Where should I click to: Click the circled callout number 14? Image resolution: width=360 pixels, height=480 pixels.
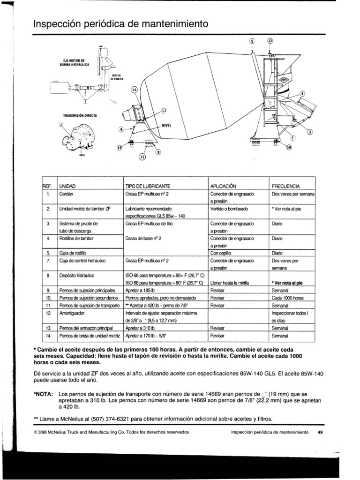(x=134, y=90)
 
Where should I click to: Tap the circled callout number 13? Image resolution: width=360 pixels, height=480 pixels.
(x=142, y=157)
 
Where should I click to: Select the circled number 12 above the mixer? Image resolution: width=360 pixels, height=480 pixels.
(x=270, y=41)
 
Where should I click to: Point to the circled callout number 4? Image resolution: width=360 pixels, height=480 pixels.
(x=302, y=94)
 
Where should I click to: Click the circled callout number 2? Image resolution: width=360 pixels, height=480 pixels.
(x=61, y=125)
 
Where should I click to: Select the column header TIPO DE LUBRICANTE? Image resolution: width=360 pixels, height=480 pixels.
(x=147, y=186)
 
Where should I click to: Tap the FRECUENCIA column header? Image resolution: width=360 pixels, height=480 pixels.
(x=286, y=186)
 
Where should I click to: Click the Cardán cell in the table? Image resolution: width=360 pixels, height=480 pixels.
(x=65, y=193)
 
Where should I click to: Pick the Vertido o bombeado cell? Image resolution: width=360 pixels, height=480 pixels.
(x=230, y=208)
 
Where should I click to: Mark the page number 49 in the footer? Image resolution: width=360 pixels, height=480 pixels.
(x=321, y=432)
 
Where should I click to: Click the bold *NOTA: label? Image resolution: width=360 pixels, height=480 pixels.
(x=44, y=394)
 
